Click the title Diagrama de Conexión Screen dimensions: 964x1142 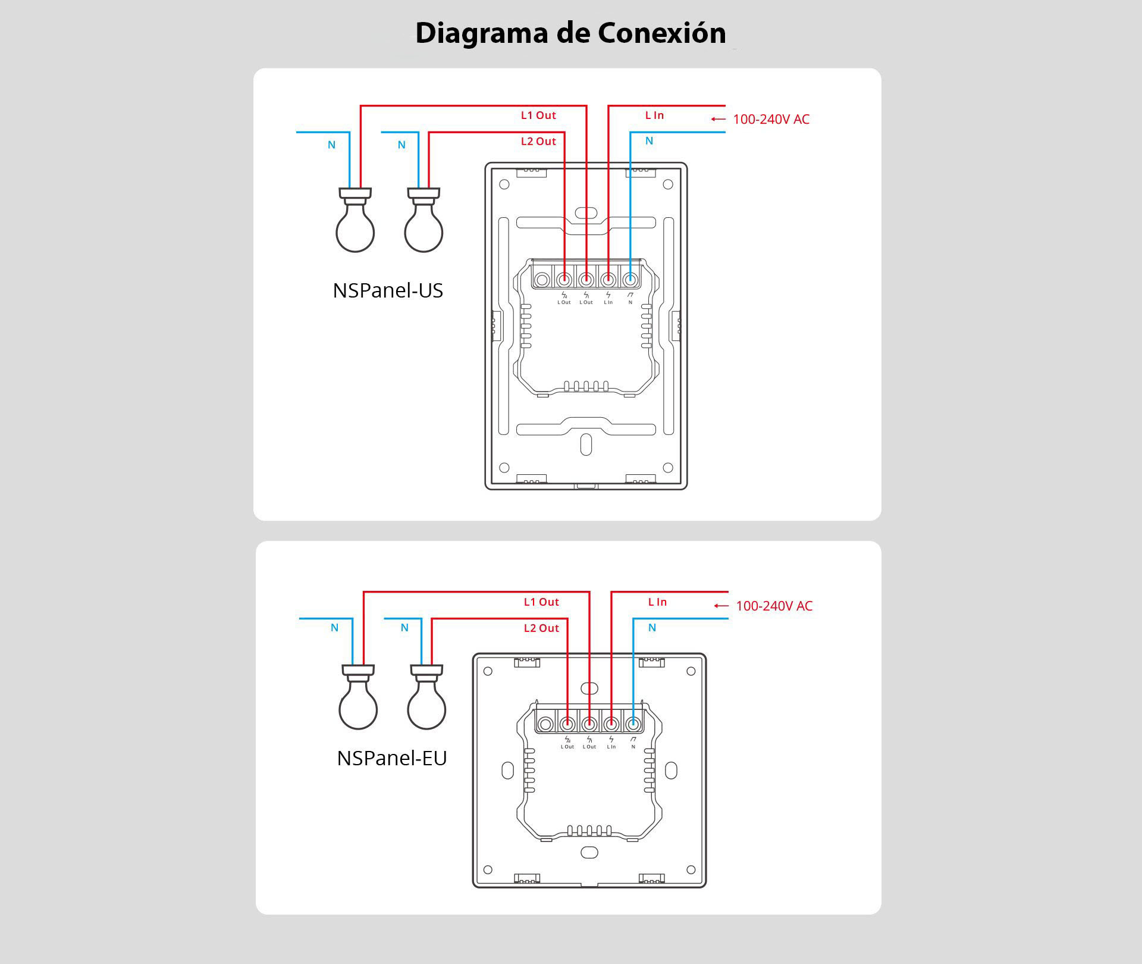(570, 33)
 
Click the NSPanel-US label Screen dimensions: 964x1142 (388, 290)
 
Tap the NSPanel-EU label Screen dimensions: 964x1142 (391, 758)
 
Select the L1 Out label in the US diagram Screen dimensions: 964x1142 (538, 115)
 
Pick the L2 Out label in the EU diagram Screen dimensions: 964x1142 (541, 628)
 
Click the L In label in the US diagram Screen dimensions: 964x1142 (654, 115)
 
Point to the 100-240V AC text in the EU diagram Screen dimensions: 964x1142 (774, 606)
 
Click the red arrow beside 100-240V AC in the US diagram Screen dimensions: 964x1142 (719, 119)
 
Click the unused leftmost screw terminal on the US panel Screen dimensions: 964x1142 (542, 279)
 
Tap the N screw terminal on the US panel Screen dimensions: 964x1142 (630, 279)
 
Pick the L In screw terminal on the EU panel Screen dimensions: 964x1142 (611, 724)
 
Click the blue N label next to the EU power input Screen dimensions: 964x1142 (652, 628)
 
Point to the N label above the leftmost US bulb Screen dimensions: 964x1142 (332, 145)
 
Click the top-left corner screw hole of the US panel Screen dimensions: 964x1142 (504, 184)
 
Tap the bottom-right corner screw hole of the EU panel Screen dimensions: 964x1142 (691, 870)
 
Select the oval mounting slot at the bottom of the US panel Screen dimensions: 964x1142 (586, 445)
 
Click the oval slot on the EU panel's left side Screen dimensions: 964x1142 (507, 771)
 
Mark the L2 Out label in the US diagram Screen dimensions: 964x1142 (538, 142)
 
